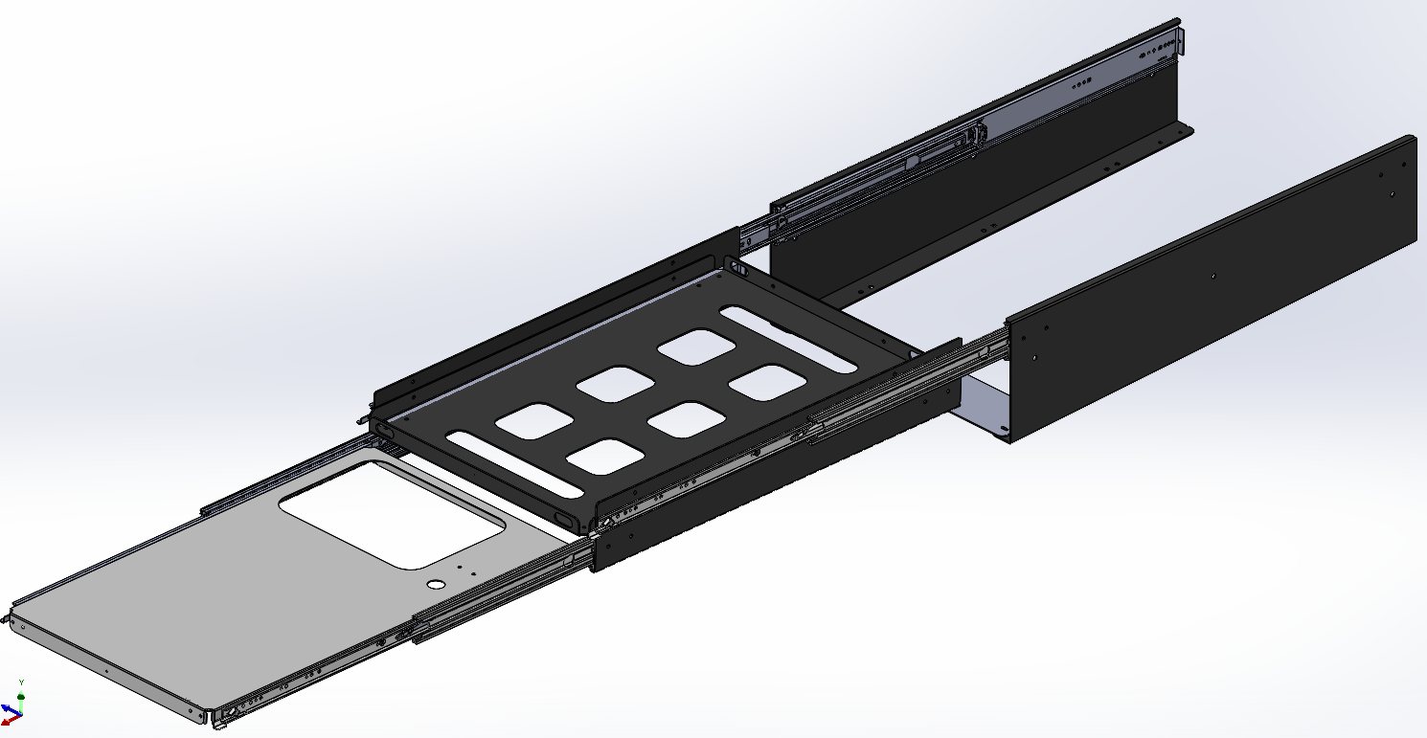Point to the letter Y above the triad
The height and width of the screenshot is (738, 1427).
[x=21, y=682]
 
